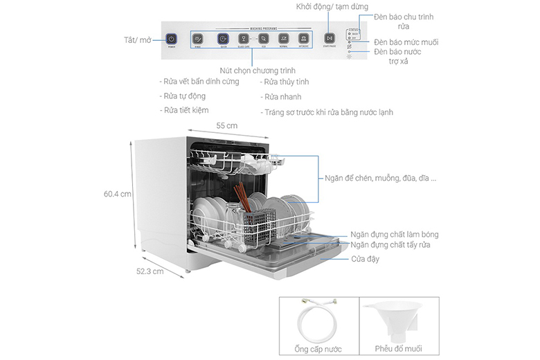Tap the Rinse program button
tap(197, 39)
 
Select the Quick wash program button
tap(222, 39)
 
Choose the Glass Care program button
tap(244, 39)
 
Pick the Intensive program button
tap(303, 39)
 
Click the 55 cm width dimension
tap(226, 126)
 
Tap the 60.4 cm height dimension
tap(117, 195)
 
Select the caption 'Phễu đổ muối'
tap(399, 349)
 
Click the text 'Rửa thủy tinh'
tap(285, 82)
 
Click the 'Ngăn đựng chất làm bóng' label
tap(394, 235)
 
